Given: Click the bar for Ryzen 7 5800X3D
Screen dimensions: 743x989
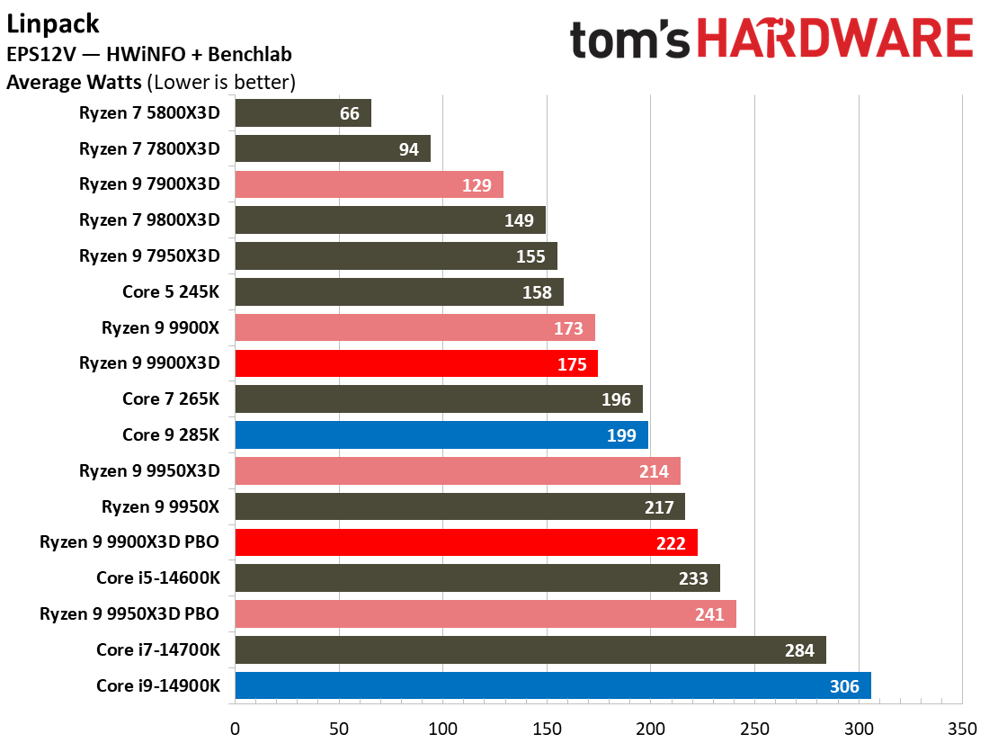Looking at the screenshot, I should click(303, 113).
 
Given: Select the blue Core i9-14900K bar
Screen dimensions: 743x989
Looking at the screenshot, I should click(552, 686).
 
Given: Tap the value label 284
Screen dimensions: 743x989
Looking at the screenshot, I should click(799, 650).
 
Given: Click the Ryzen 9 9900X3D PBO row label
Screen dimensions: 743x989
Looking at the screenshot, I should click(129, 542).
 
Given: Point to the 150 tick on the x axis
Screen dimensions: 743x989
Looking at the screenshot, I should click(547, 726).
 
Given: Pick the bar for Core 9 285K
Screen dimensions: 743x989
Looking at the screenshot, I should click(441, 435).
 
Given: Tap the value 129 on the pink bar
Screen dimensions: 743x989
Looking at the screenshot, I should click(477, 185).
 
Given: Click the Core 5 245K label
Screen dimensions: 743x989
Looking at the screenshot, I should click(171, 291).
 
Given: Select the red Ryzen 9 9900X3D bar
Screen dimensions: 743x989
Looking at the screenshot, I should click(416, 363).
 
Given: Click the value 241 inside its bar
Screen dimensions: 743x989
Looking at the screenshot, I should click(709, 614).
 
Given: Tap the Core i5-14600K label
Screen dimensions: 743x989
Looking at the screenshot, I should click(158, 578).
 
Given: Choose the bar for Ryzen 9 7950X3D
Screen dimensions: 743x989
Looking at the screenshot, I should click(396, 256).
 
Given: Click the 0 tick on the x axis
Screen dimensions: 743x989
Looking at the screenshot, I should click(236, 726).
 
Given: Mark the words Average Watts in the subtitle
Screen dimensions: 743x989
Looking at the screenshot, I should click(74, 83).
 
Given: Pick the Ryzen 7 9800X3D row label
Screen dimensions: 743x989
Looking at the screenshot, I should click(149, 220).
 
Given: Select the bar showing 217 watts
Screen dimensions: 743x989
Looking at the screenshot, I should click(459, 507).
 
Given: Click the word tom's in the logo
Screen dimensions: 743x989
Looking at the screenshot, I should click(629, 40).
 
